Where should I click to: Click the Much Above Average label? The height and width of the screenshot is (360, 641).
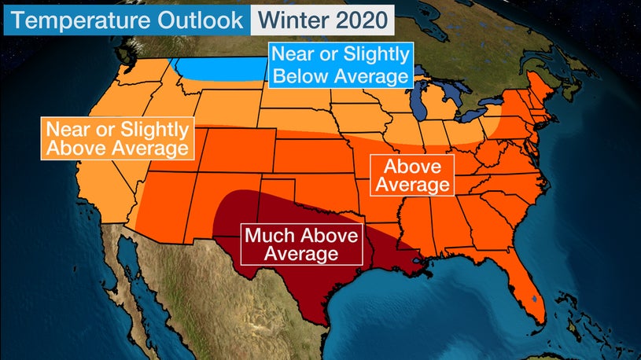pos(301,244)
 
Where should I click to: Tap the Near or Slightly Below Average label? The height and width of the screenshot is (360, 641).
pos(341,65)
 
